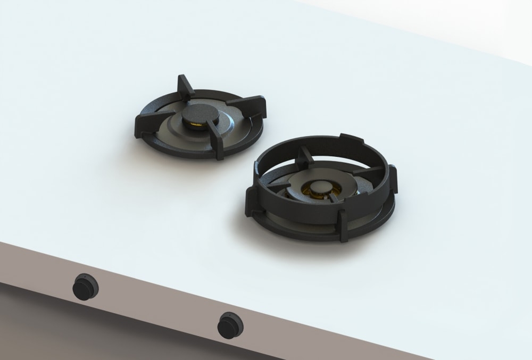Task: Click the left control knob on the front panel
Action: click(85, 287)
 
